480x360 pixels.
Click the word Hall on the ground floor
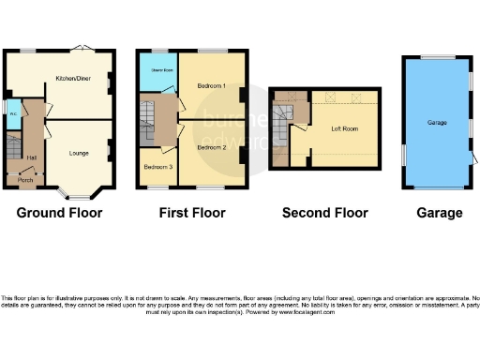[x=31, y=157]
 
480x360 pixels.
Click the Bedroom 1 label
[x=212, y=86]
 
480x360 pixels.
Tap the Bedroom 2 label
[x=212, y=147]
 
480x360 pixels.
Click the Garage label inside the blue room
[x=437, y=123]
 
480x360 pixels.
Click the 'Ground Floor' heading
[x=59, y=213]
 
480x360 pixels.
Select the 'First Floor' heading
[x=192, y=213]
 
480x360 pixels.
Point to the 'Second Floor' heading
[x=323, y=213]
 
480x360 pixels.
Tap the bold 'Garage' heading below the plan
[x=440, y=213]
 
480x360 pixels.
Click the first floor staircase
[x=147, y=117]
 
